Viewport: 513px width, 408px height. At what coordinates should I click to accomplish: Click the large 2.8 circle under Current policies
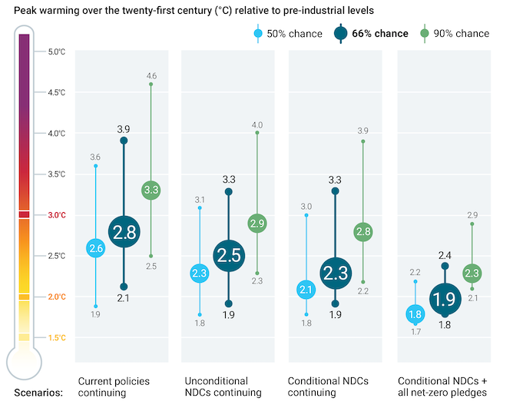(x=124, y=232)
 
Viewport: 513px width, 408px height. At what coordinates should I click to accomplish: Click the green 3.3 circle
(x=151, y=189)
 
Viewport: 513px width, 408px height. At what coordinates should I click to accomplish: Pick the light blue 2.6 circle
(x=96, y=248)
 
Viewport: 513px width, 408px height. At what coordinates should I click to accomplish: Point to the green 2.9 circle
(x=257, y=224)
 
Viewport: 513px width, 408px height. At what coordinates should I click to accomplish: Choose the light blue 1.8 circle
(x=415, y=313)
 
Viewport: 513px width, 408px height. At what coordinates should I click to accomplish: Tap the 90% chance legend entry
(x=455, y=33)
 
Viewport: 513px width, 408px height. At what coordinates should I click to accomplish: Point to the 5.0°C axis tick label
(x=57, y=52)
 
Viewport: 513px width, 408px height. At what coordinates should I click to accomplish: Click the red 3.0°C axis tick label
(x=57, y=215)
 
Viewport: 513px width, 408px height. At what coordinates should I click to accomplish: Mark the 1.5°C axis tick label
(x=57, y=337)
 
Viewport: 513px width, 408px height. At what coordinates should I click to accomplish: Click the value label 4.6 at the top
(x=151, y=75)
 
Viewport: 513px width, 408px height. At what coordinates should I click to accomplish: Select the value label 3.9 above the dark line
(x=124, y=128)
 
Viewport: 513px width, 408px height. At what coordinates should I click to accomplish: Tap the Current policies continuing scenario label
(x=114, y=386)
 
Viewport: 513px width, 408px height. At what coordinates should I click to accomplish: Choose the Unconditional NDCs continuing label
(x=217, y=386)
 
